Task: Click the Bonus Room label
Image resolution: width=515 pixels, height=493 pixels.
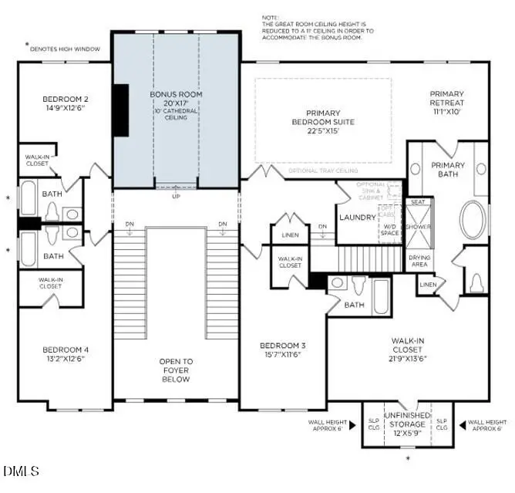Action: [176, 94]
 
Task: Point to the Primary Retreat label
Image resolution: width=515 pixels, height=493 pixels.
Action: [447, 98]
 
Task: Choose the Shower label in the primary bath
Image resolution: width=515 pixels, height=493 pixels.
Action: [419, 227]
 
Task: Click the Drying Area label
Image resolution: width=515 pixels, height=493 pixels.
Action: [419, 261]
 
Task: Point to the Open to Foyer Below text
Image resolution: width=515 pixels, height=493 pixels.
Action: [176, 369]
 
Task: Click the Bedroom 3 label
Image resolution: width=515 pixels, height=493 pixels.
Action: [282, 345]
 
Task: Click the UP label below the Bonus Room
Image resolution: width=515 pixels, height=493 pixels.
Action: [176, 196]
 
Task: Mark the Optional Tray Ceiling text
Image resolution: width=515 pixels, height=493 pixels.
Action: [323, 170]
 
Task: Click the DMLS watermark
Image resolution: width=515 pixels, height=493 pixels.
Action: [21, 470]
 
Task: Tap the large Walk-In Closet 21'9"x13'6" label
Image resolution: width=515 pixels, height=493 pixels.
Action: [409, 349]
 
